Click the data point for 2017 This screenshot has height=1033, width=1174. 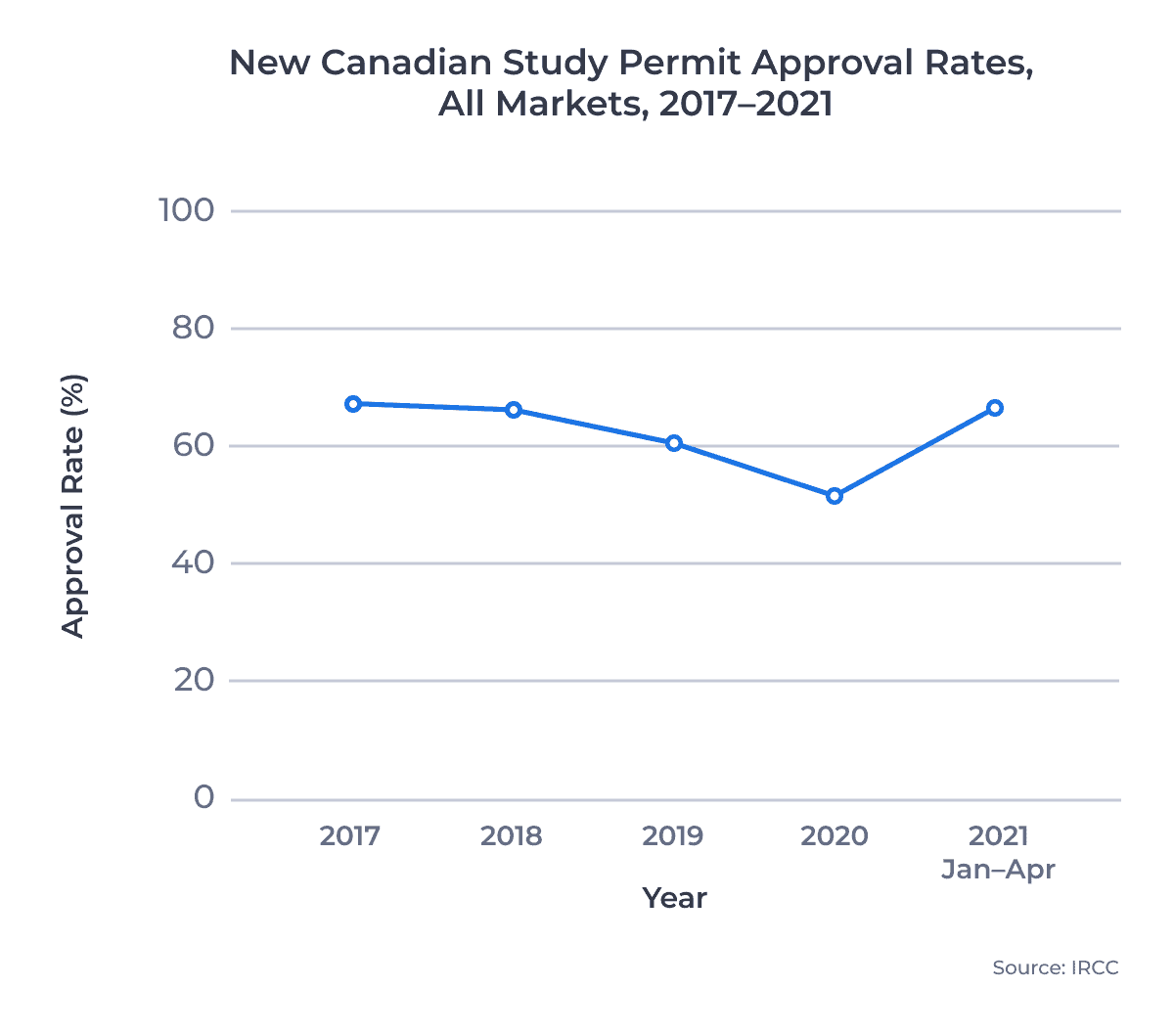[x=353, y=404]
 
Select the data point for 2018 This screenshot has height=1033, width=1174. [x=514, y=410]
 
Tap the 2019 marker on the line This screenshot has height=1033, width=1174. [x=674, y=443]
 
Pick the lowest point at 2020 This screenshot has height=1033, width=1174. [x=835, y=496]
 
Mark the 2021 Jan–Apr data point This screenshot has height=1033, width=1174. [x=995, y=408]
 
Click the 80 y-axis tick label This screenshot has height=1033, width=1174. [x=193, y=328]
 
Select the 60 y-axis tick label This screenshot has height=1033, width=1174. [x=193, y=445]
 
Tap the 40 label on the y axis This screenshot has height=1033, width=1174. [x=193, y=562]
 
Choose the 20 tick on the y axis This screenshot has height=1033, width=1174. [x=194, y=680]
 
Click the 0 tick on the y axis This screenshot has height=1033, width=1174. [x=203, y=797]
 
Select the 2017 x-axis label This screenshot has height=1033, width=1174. [x=350, y=836]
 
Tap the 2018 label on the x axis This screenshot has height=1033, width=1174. [x=511, y=836]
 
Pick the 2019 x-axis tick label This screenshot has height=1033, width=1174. [x=672, y=836]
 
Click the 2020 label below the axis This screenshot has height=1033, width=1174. [x=834, y=836]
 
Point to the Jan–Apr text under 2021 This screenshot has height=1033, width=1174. [x=998, y=870]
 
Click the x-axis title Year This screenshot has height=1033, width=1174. [x=674, y=898]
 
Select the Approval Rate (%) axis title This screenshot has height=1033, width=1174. [x=73, y=506]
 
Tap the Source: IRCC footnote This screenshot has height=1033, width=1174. [x=1055, y=967]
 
